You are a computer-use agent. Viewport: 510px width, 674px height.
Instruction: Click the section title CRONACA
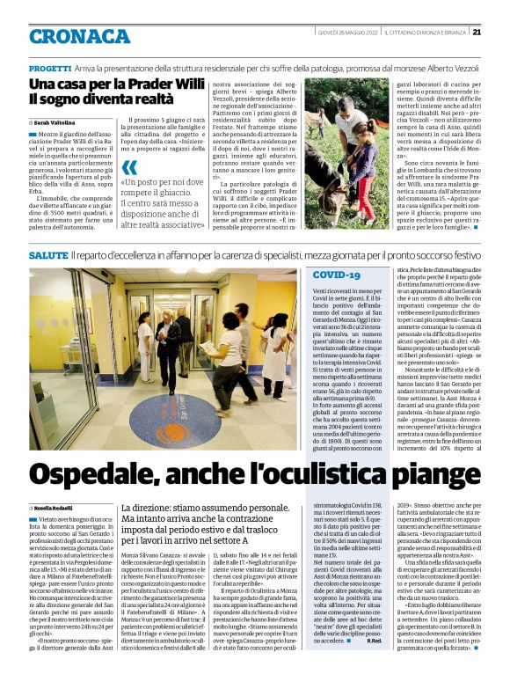[x=79, y=35]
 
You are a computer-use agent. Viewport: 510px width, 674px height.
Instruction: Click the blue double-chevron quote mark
[x=129, y=167]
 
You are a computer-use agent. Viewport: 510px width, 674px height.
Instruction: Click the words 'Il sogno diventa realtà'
[x=97, y=101]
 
